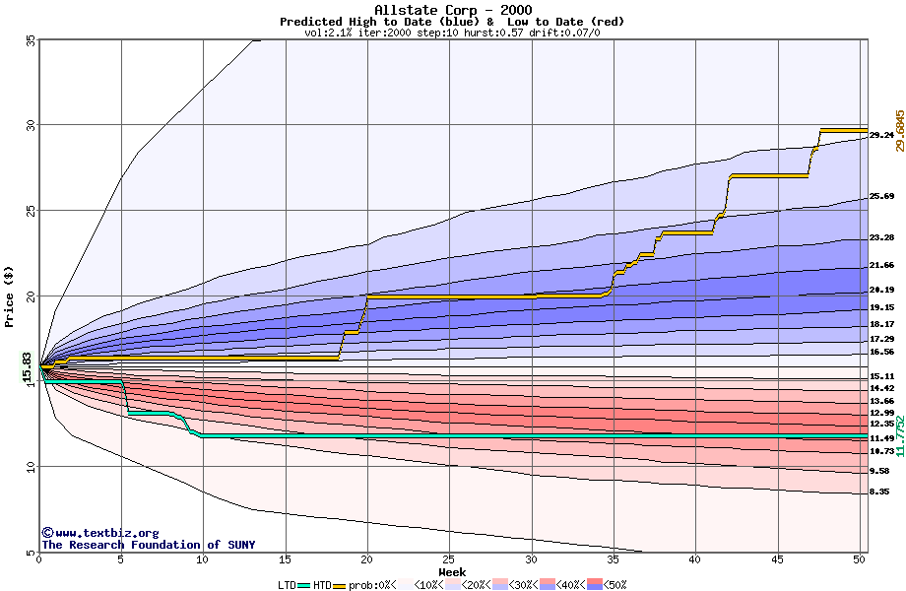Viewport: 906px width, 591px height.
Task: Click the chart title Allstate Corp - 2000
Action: coord(452,9)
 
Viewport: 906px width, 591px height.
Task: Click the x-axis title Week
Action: coord(452,571)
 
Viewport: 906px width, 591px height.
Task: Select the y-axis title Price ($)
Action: coord(10,296)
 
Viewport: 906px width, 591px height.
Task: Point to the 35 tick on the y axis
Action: coord(30,40)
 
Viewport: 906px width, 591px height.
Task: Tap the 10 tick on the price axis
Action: coord(30,467)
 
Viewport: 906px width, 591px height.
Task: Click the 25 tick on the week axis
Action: coord(449,559)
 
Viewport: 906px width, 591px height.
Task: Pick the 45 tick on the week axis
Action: coord(777,559)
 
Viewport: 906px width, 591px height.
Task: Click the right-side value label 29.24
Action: coord(881,135)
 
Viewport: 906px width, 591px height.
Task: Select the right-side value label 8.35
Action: coord(879,492)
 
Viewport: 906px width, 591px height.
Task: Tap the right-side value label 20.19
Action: coord(881,290)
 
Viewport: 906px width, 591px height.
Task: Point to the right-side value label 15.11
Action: coord(881,376)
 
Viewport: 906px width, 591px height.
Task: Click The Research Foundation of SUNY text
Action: coord(148,545)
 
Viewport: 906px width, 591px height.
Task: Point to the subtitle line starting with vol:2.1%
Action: coord(452,33)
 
